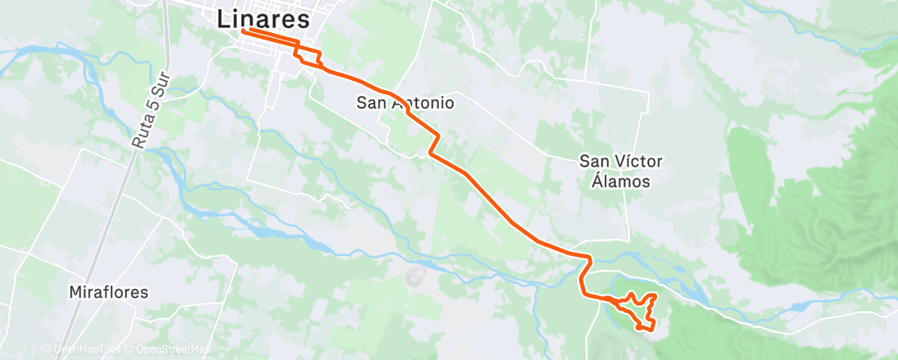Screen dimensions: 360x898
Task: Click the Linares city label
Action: pyautogui.click(x=264, y=20)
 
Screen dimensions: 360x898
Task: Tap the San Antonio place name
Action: pyautogui.click(x=405, y=103)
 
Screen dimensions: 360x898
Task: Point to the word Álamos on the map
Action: pyautogui.click(x=622, y=181)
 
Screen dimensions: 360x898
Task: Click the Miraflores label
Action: pyautogui.click(x=109, y=292)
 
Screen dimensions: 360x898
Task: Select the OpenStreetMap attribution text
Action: pyautogui.click(x=172, y=349)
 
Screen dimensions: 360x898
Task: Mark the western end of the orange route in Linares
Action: pyautogui.click(x=243, y=31)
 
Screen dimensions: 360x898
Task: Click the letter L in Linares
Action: pyautogui.click(x=224, y=21)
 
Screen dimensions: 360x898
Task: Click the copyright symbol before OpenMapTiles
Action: pyautogui.click(x=46, y=349)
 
